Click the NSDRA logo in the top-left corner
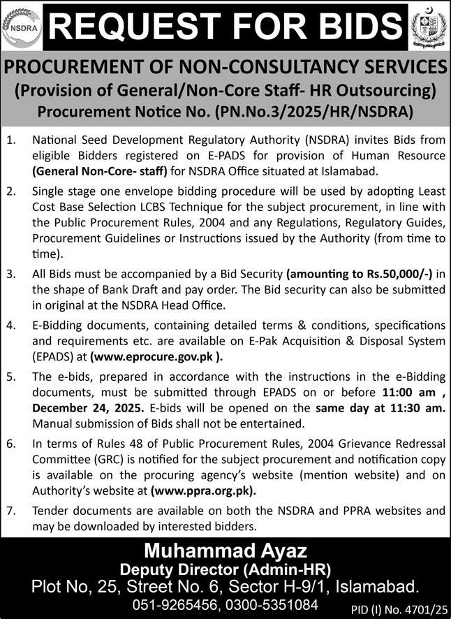22,27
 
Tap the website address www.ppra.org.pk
202,490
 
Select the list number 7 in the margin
10,512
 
